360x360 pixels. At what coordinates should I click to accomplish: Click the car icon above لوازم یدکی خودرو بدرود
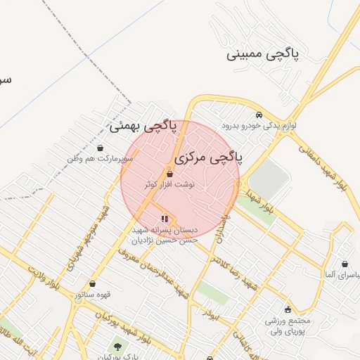pos(259,115)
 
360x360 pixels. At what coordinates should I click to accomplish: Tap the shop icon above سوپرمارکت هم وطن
pos(100,148)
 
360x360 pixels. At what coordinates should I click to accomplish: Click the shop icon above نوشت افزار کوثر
pos(169,173)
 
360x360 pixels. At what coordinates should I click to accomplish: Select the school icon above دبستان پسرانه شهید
pos(165,218)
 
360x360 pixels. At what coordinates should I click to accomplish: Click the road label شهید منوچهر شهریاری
pos(87,239)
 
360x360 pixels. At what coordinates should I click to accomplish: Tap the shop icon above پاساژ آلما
pos(345,264)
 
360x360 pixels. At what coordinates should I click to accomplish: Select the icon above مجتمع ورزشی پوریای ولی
pos(288,309)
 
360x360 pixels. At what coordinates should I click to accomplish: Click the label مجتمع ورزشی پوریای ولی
pos(286,325)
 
